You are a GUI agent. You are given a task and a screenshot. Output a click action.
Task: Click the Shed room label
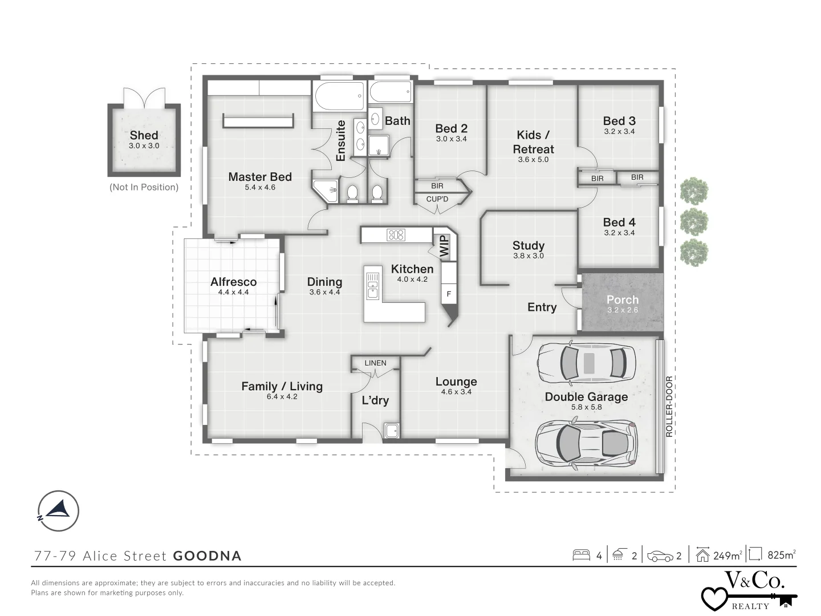coord(144,135)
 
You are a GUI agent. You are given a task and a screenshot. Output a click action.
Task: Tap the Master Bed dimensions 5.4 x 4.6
coord(260,188)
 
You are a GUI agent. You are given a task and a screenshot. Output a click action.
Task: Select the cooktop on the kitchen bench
coord(396,234)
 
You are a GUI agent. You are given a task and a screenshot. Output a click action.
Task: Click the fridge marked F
coord(449,294)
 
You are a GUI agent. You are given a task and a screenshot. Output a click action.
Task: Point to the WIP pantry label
coord(444,246)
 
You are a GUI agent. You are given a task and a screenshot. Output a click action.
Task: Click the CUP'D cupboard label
coord(437,199)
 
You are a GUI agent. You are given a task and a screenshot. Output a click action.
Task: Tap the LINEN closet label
coord(375,363)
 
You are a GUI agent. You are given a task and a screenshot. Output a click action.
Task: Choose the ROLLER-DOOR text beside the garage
coord(669,407)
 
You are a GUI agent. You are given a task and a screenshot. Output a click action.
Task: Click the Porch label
coord(623,299)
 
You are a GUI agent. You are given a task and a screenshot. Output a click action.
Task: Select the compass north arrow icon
coord(58,510)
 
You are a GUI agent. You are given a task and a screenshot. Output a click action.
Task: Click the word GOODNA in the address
coord(207,556)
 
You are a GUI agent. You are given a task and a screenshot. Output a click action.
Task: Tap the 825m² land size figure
coord(781,554)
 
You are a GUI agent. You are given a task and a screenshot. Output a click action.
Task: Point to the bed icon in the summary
coord(581,555)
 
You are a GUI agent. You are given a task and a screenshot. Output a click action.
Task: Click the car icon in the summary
coord(660,556)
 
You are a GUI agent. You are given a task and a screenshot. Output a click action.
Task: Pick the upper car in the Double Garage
coord(586,362)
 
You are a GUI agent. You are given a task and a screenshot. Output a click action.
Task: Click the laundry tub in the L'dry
coord(392,431)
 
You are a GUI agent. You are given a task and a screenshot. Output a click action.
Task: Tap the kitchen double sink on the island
coord(372,286)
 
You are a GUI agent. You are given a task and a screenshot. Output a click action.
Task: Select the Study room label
coord(528,246)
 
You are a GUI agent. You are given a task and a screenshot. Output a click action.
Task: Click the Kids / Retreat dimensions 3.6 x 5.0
coord(533,160)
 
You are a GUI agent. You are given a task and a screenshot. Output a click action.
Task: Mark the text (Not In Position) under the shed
coord(144,187)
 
